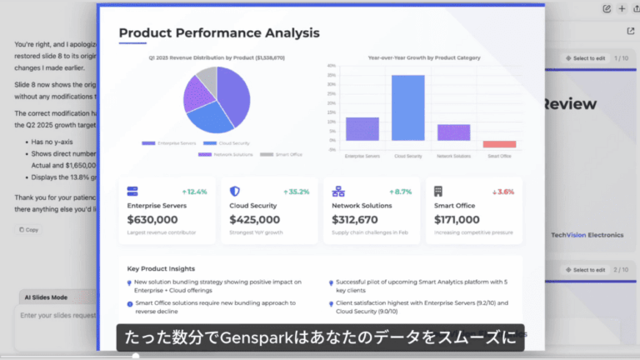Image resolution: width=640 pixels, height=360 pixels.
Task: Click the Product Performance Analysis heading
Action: [218, 33]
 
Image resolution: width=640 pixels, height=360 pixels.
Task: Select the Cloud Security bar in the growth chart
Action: [407, 107]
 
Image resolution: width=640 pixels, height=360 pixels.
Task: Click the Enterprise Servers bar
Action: [362, 128]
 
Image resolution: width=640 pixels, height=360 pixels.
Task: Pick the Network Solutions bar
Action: [453, 132]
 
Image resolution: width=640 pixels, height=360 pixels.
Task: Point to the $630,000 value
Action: [152, 220]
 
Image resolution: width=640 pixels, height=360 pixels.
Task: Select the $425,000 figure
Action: [254, 220]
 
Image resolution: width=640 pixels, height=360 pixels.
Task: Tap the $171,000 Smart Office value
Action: [457, 220]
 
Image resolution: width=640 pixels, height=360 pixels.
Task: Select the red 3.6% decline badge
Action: [502, 192]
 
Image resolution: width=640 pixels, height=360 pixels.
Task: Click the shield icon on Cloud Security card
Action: [235, 191]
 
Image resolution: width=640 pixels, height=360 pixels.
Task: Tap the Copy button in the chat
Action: [29, 229]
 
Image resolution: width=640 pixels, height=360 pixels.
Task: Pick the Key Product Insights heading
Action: [162, 269]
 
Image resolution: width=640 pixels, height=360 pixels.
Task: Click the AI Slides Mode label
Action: [46, 297]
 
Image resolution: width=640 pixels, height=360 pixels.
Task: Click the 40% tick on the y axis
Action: [332, 66]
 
